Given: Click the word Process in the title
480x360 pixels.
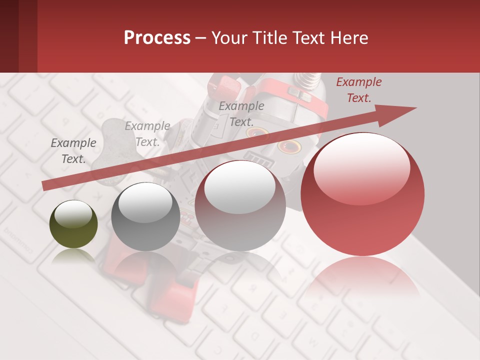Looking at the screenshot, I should tap(157, 37).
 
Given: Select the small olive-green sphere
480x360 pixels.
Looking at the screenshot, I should tap(73, 224).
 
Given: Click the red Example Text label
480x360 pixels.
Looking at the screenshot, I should tap(358, 90).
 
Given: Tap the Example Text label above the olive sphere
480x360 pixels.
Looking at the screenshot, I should tap(73, 151).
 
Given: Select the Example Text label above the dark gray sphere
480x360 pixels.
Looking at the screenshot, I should tap(147, 134).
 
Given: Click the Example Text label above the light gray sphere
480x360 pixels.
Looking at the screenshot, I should tap(241, 113).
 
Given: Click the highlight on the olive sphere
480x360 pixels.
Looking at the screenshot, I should tap(73, 214).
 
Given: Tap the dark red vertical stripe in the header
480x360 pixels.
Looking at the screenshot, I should tap(28, 36).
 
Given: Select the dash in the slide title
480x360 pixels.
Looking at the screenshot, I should tap(201, 38).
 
